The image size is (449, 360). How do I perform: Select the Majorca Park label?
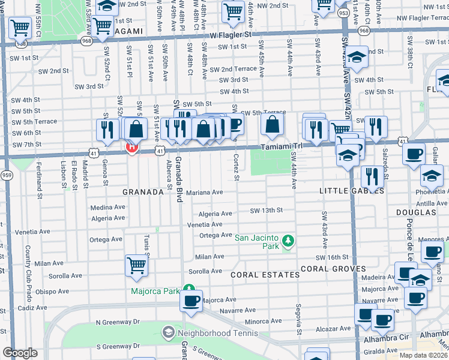[155, 292]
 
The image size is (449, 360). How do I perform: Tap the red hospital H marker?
[132, 147]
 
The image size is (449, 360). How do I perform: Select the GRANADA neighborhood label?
[143, 192]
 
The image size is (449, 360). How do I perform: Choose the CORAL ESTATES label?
[265, 275]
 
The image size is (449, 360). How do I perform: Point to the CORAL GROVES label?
[333, 269]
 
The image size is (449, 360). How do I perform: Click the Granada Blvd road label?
[179, 181]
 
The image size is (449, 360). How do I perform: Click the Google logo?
[20, 353]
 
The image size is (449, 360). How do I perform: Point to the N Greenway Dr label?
[117, 322]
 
